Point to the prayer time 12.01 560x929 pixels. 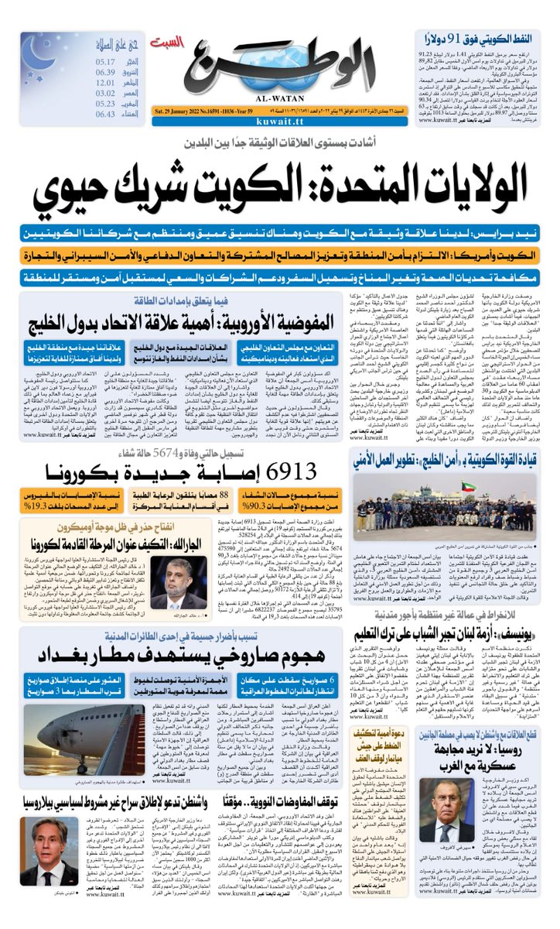(106, 84)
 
